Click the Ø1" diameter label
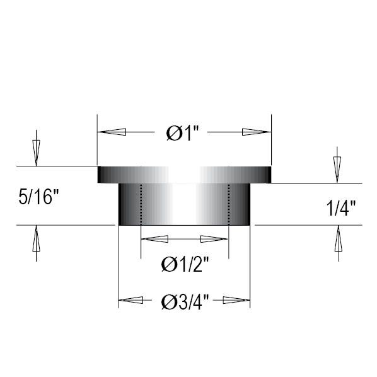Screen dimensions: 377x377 pyautogui.click(x=183, y=133)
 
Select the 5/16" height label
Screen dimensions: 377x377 pyautogui.click(x=38, y=197)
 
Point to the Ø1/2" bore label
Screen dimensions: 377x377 pyautogui.click(x=185, y=265)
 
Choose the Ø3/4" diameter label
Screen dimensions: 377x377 pyautogui.click(x=185, y=302)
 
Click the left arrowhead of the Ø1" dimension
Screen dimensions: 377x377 pyautogui.click(x=112, y=132)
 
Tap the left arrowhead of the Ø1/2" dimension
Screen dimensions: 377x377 pyautogui.click(x=154, y=239)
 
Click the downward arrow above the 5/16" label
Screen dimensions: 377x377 pyautogui.click(x=36, y=152)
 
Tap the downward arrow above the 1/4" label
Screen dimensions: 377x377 pyautogui.click(x=337, y=169)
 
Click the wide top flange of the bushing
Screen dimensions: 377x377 pyautogui.click(x=184, y=175)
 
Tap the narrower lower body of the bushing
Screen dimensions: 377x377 pyautogui.click(x=184, y=204)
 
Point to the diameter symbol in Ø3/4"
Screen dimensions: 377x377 pyautogui.click(x=168, y=302)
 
